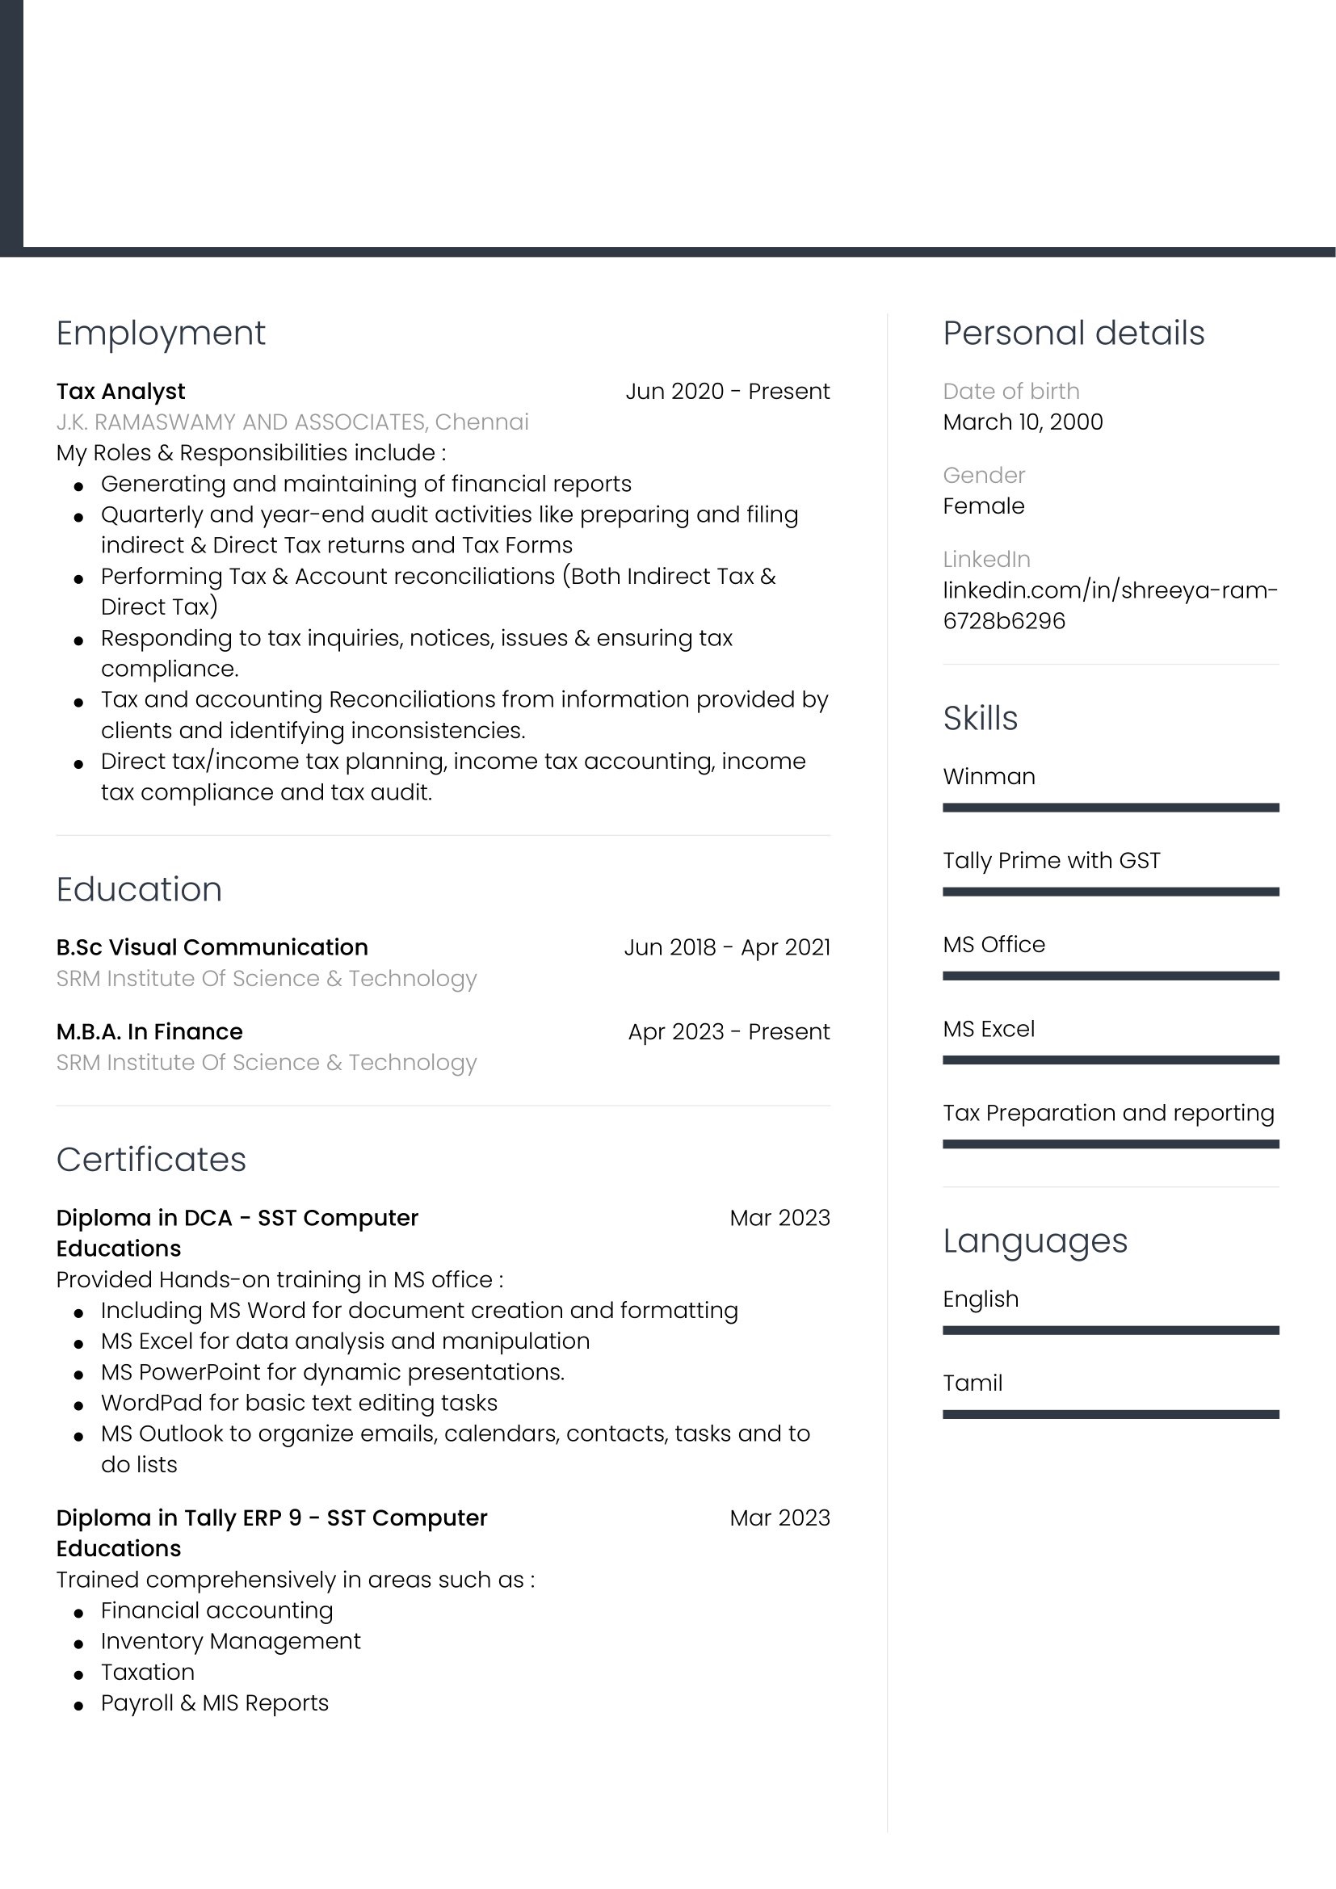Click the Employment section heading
(161, 334)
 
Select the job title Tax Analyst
(121, 392)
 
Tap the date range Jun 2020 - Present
(727, 392)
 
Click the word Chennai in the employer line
(481, 422)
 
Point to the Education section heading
(139, 889)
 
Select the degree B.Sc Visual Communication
(212, 948)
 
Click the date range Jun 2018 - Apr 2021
(727, 948)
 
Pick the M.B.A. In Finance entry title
(149, 1031)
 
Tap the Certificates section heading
(151, 1159)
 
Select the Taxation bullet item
(148, 1672)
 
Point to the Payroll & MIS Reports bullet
(215, 1703)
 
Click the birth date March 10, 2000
(1023, 422)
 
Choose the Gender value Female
(984, 506)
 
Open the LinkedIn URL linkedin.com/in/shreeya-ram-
(1110, 590)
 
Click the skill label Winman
(989, 777)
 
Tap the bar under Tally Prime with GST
(1111, 892)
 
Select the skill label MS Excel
(989, 1029)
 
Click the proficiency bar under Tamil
(1111, 1414)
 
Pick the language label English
(981, 1299)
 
